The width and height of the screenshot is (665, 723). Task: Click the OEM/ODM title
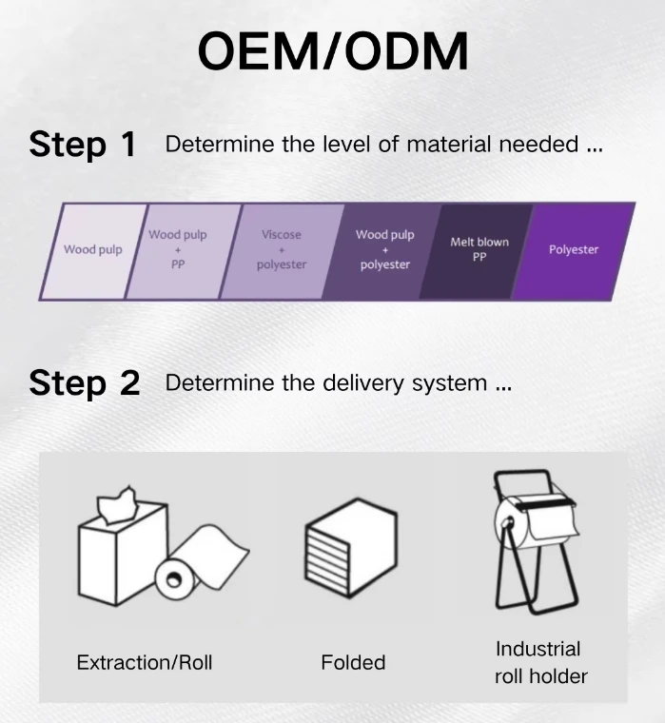pyautogui.click(x=333, y=50)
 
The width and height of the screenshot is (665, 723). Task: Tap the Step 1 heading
pyautogui.click(x=82, y=145)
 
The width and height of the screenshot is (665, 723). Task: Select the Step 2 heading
pyautogui.click(x=84, y=383)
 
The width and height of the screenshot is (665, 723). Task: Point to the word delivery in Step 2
pyautogui.click(x=362, y=383)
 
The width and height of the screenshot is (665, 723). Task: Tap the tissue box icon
pyautogui.click(x=122, y=549)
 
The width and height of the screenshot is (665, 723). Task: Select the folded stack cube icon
pyautogui.click(x=350, y=548)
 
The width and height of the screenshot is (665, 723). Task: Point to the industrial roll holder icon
pyautogui.click(x=536, y=542)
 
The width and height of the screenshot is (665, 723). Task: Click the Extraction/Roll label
pyautogui.click(x=145, y=663)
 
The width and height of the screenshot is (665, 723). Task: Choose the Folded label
pyautogui.click(x=353, y=663)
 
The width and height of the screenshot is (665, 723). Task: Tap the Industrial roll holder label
pyautogui.click(x=540, y=663)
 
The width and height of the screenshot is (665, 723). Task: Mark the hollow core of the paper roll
pyautogui.click(x=174, y=579)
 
